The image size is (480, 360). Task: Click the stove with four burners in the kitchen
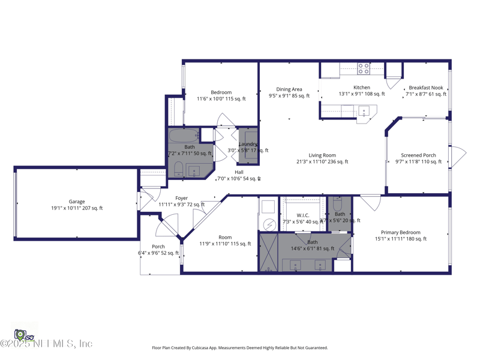[x=364, y=69]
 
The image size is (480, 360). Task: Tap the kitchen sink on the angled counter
[x=364, y=111]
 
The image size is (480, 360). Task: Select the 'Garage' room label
[x=77, y=202]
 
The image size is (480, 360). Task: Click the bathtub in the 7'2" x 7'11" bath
[x=184, y=136]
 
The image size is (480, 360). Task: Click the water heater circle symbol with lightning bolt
[x=269, y=224]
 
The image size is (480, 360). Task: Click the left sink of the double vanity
[x=296, y=265]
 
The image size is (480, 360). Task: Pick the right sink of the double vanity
[x=320, y=265]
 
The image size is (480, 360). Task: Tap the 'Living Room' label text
[x=322, y=155]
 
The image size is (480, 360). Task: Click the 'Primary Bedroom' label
[x=401, y=232]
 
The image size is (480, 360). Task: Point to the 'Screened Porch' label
[x=418, y=155]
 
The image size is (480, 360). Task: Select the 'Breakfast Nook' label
[x=426, y=88]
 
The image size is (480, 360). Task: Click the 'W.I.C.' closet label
[x=303, y=215]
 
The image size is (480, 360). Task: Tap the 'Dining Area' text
[x=289, y=89]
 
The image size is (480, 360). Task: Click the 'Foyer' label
[x=181, y=198]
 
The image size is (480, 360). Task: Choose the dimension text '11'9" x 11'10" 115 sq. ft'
[x=225, y=244]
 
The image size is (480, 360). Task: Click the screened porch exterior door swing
[x=458, y=157]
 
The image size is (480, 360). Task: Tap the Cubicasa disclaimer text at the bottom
[x=240, y=347]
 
